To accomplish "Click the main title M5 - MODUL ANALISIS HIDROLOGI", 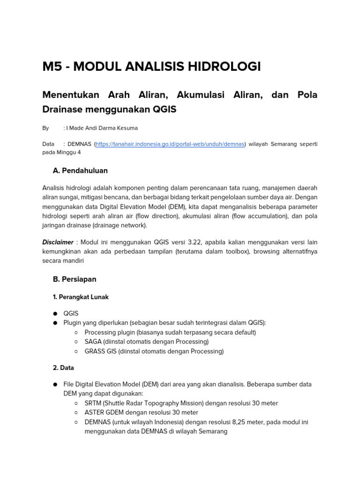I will (151, 67).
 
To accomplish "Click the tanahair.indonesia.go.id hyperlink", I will (170, 144).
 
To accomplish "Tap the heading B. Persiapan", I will (75, 279).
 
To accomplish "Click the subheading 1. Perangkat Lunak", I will (81, 297).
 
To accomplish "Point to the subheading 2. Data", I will (63, 368).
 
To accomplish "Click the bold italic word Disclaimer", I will (58, 242).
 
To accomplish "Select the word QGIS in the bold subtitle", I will (165, 110).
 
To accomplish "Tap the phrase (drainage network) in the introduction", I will (120, 225).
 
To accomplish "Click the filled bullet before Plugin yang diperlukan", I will (55, 323).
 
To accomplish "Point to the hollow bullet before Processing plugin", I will (76, 332).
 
